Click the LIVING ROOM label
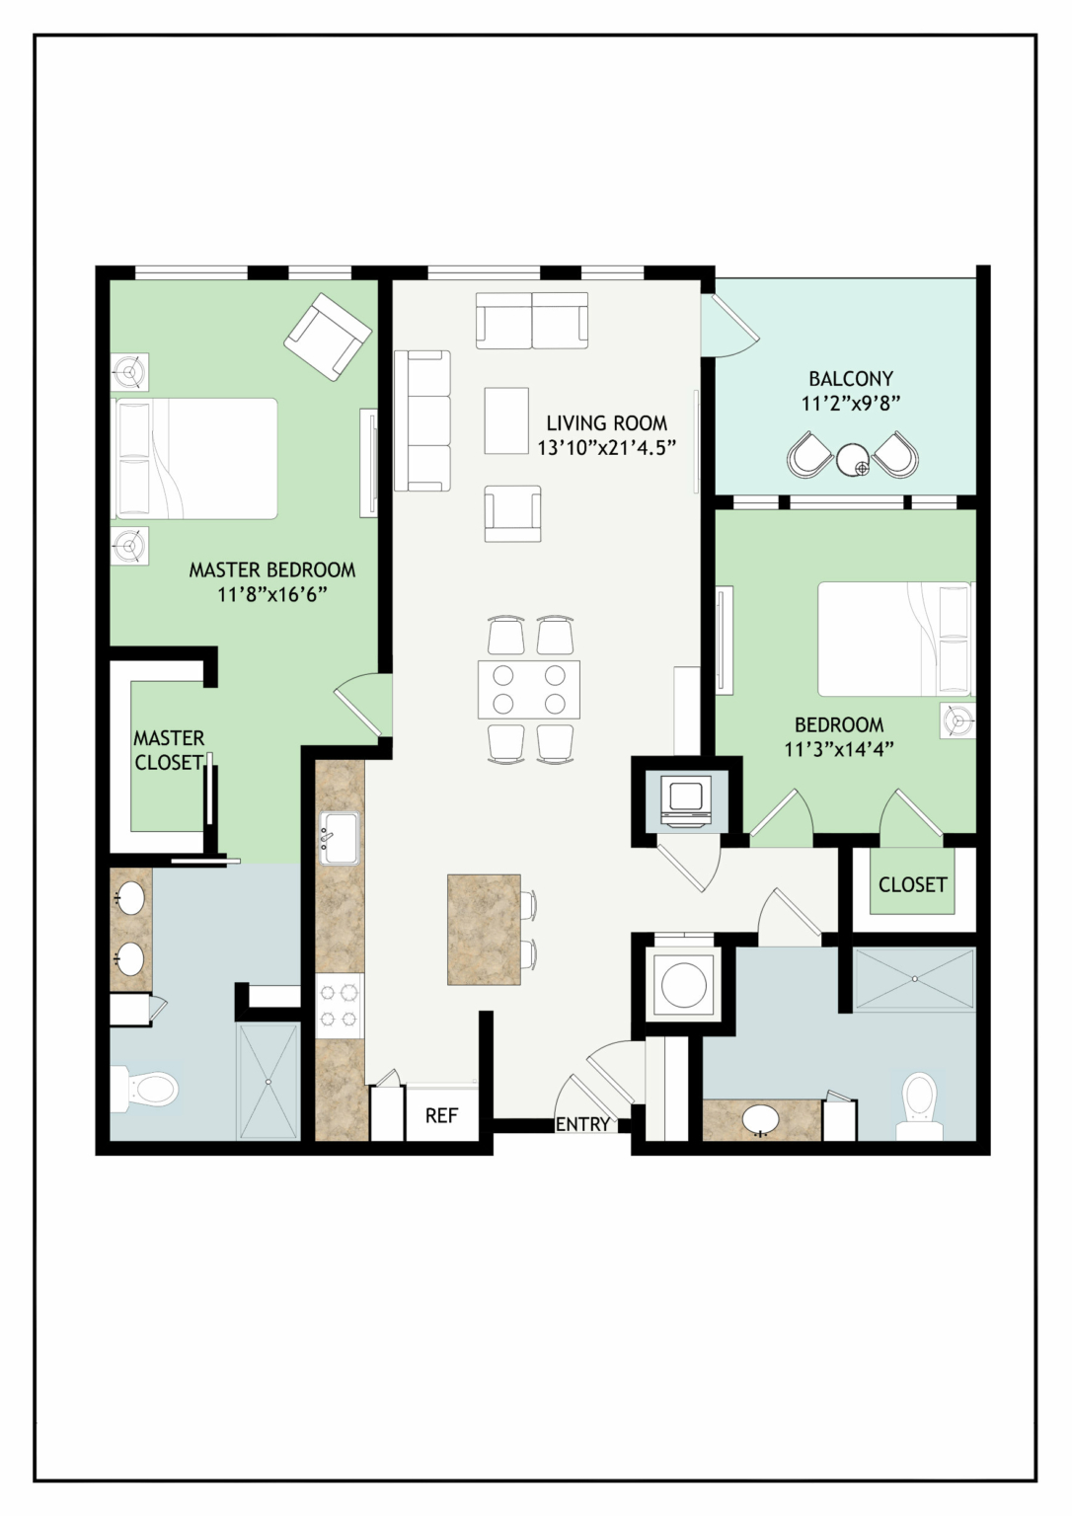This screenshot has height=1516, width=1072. tap(607, 423)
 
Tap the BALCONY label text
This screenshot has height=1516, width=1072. tap(851, 378)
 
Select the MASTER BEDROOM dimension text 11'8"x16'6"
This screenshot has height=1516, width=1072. tap(272, 595)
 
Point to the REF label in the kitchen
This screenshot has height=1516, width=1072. tap(442, 1114)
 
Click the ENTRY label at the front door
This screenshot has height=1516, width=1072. tap(582, 1124)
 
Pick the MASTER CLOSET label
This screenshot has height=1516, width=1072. tap(169, 750)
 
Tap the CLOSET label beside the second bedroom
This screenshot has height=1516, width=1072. tap(912, 884)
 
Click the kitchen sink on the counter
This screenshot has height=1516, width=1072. tap(340, 838)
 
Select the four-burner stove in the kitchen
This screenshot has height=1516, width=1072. tap(339, 1006)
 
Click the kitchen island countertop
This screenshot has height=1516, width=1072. tap(484, 929)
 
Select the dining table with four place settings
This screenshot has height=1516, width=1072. tap(529, 690)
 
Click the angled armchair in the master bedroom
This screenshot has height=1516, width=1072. tap(328, 337)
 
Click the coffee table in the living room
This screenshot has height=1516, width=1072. tap(506, 420)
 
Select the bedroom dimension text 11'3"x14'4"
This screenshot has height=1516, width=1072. tap(839, 750)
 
